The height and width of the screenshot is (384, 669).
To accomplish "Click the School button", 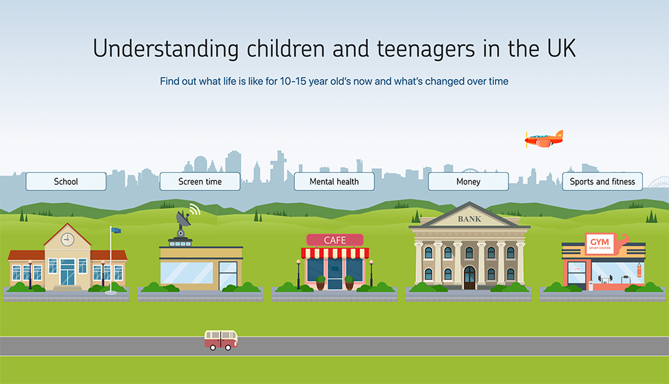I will click(x=66, y=182).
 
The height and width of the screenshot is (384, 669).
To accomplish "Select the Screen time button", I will click(x=200, y=182).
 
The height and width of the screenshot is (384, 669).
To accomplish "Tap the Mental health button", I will click(x=334, y=182).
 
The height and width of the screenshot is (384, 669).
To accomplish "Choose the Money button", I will click(x=468, y=182).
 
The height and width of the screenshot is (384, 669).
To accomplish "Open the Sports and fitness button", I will click(x=602, y=182).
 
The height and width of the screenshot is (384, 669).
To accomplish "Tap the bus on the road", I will click(x=221, y=340).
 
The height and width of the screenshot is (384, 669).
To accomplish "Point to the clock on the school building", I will click(x=68, y=239).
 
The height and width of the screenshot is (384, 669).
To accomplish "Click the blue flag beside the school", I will click(x=116, y=231).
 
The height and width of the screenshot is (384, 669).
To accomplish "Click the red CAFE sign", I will click(x=334, y=240).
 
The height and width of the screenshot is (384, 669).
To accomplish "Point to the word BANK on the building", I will click(x=469, y=219).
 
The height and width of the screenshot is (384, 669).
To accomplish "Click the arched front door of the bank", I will click(x=469, y=277).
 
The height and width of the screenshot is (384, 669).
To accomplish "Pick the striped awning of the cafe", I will click(x=334, y=253).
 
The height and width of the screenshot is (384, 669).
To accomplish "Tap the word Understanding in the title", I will click(x=166, y=49).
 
